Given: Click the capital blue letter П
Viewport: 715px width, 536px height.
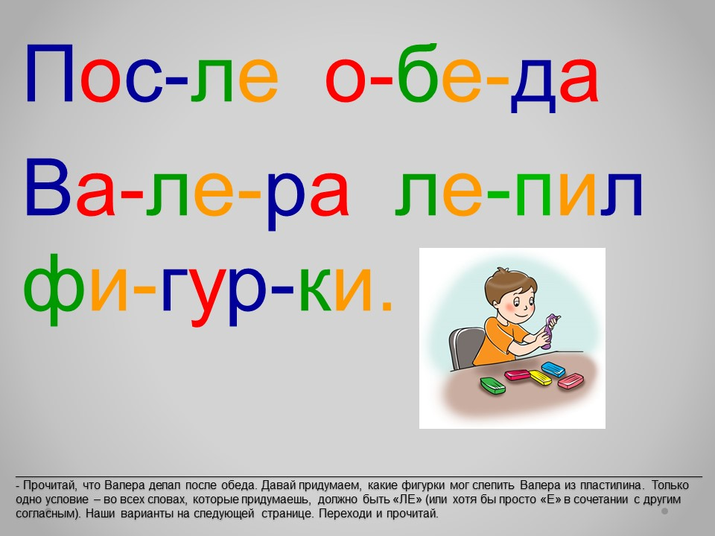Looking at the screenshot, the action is pos(50,74).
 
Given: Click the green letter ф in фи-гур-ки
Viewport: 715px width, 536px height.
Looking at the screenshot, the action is pos(54,289).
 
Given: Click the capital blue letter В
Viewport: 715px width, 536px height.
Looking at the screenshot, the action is pos(48,188).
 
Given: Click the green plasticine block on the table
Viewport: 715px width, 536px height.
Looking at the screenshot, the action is pos(493,386).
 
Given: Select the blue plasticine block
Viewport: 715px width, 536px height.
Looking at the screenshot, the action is pos(553,368).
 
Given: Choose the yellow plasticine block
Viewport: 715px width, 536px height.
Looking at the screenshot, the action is pos(541,377).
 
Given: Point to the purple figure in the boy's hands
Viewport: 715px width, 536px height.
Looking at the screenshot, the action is pos(550,331).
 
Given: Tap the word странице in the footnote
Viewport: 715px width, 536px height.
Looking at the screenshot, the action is pos(287,514).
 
